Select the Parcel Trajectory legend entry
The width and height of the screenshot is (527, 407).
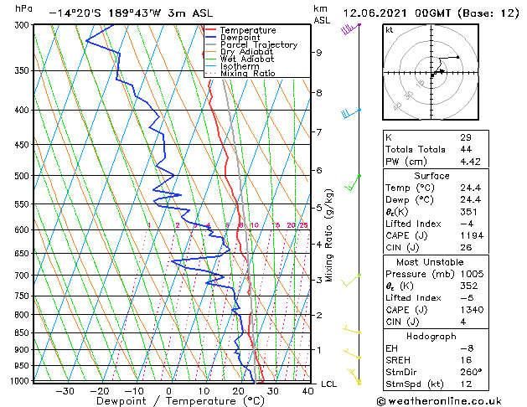point(258,45)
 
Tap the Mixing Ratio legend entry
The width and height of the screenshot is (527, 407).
point(247,74)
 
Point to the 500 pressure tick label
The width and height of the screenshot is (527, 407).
point(20,176)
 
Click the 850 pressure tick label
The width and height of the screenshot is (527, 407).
point(20,333)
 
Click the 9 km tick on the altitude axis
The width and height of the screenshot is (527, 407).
point(319,53)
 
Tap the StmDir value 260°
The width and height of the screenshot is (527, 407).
point(471,372)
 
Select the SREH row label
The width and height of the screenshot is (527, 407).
point(399,360)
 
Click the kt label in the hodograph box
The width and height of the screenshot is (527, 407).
point(389,29)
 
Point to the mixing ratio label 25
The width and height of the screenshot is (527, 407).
point(303,225)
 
